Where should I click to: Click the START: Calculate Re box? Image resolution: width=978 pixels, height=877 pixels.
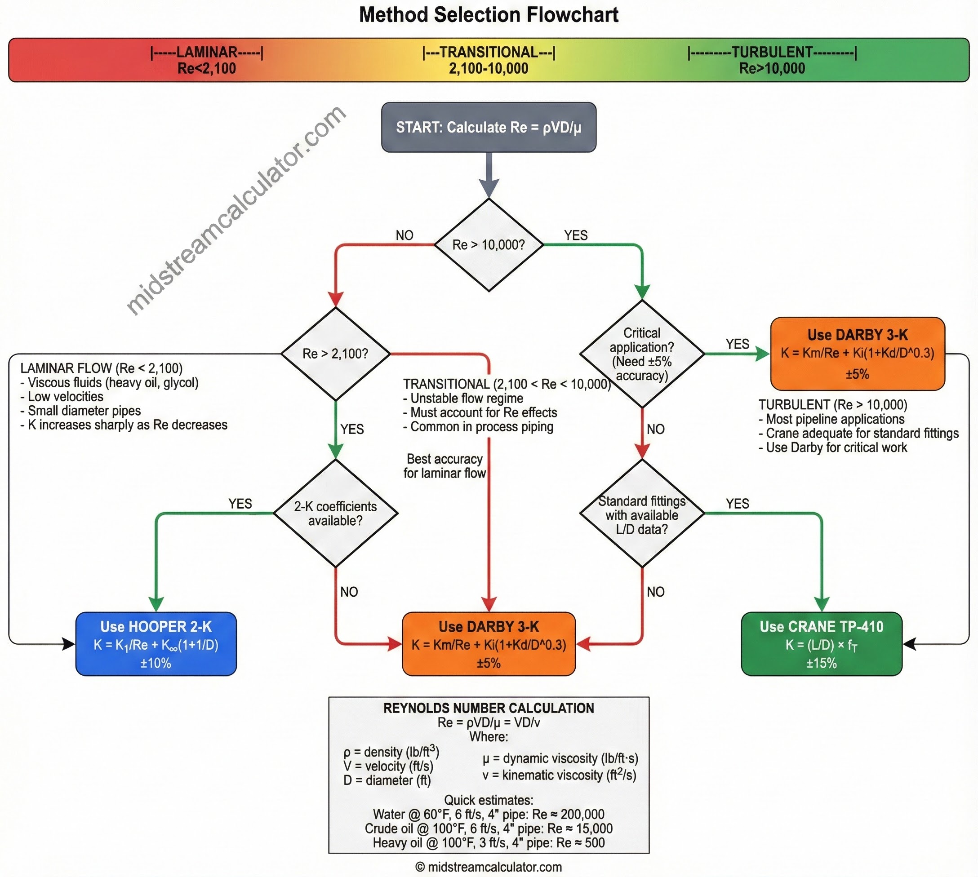(x=488, y=127)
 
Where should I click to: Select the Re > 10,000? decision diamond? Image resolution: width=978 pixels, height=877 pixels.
(x=488, y=245)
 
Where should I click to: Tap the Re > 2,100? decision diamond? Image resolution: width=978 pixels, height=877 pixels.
(x=335, y=354)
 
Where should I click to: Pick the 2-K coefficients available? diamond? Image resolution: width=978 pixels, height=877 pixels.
(x=335, y=513)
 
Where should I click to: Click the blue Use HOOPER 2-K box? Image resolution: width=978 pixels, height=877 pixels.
(x=156, y=644)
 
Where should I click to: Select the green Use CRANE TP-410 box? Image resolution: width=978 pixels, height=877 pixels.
(x=821, y=644)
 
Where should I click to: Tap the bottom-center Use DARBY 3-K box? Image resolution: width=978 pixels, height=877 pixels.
(x=488, y=644)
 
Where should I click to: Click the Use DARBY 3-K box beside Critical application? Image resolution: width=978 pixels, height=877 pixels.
(x=857, y=353)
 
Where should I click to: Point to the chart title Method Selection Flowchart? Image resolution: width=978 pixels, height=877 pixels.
(x=488, y=14)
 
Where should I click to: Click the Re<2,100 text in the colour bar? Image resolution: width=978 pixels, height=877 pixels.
(x=206, y=68)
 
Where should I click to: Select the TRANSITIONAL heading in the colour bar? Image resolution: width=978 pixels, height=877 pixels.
(x=488, y=52)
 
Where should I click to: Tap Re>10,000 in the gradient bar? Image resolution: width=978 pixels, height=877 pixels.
(x=772, y=68)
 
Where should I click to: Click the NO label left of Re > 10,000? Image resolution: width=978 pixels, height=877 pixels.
(x=405, y=235)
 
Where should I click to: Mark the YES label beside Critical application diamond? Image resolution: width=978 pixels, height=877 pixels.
(x=737, y=344)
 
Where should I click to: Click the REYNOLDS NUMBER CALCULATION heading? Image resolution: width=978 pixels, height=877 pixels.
(x=488, y=708)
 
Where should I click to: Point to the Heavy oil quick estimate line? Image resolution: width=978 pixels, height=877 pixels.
(x=488, y=843)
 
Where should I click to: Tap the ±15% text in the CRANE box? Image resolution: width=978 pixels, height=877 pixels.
(x=821, y=663)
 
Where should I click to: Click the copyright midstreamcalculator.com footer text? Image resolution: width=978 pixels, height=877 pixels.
(x=488, y=867)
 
